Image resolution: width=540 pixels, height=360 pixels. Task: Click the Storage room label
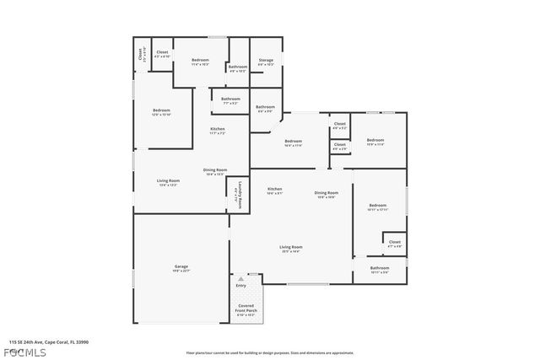[266, 62]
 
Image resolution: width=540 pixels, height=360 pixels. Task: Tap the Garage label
[181, 267]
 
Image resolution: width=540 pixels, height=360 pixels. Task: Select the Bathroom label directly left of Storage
[238, 68]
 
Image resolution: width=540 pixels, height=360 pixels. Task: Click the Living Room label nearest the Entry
[291, 248]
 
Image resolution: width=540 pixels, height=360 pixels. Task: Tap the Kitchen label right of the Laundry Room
[275, 190]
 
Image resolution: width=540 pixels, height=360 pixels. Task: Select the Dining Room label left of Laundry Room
[214, 171]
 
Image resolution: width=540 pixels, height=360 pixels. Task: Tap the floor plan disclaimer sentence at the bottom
[270, 352]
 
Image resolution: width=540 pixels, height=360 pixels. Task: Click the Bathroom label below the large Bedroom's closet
[379, 270]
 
